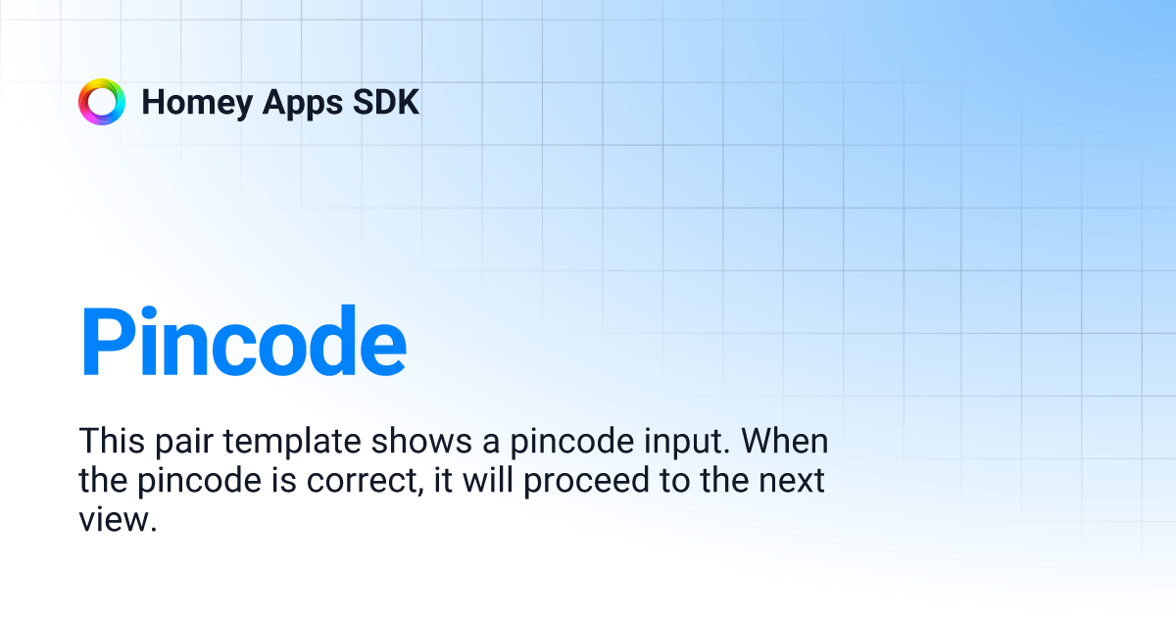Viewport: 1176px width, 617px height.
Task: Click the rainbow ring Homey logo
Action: pyautogui.click(x=102, y=102)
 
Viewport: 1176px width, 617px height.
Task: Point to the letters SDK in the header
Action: pyautogui.click(x=385, y=103)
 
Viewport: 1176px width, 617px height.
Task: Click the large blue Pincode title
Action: pyautogui.click(x=243, y=343)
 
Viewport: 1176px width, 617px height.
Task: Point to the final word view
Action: pyautogui.click(x=118, y=521)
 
